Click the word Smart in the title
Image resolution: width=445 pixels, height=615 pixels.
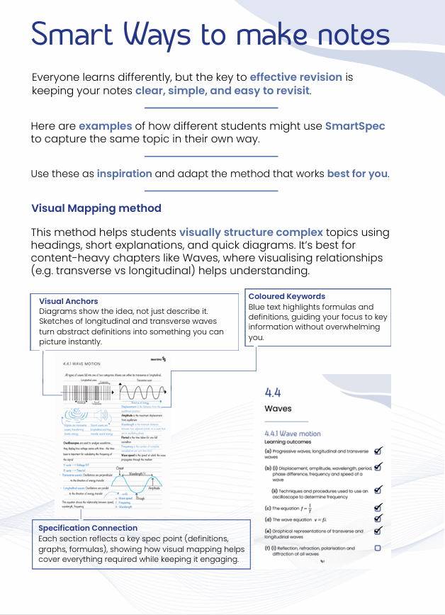pyautogui.click(x=72, y=33)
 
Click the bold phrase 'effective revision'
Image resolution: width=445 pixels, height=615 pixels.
pyautogui.click(x=295, y=77)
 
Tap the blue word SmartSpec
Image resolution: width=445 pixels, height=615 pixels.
pyautogui.click(x=355, y=125)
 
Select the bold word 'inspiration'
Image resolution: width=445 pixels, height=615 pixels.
pyautogui.click(x=124, y=174)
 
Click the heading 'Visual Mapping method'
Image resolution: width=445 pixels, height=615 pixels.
pyautogui.click(x=96, y=208)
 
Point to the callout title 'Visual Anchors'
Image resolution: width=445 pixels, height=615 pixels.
pyautogui.click(x=69, y=300)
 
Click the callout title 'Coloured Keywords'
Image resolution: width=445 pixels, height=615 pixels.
pyautogui.click(x=287, y=296)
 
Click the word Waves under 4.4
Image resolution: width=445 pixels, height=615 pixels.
pyautogui.click(x=278, y=409)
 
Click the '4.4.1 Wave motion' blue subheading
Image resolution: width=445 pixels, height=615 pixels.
pyautogui.click(x=293, y=434)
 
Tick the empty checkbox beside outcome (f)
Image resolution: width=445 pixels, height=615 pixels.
pyautogui.click(x=378, y=548)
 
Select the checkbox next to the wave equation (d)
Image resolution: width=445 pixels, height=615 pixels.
pyautogui.click(x=378, y=519)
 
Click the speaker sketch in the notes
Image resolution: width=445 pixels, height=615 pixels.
pyautogui.click(x=101, y=415)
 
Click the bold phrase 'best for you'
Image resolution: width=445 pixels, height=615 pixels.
pyautogui.click(x=356, y=174)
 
